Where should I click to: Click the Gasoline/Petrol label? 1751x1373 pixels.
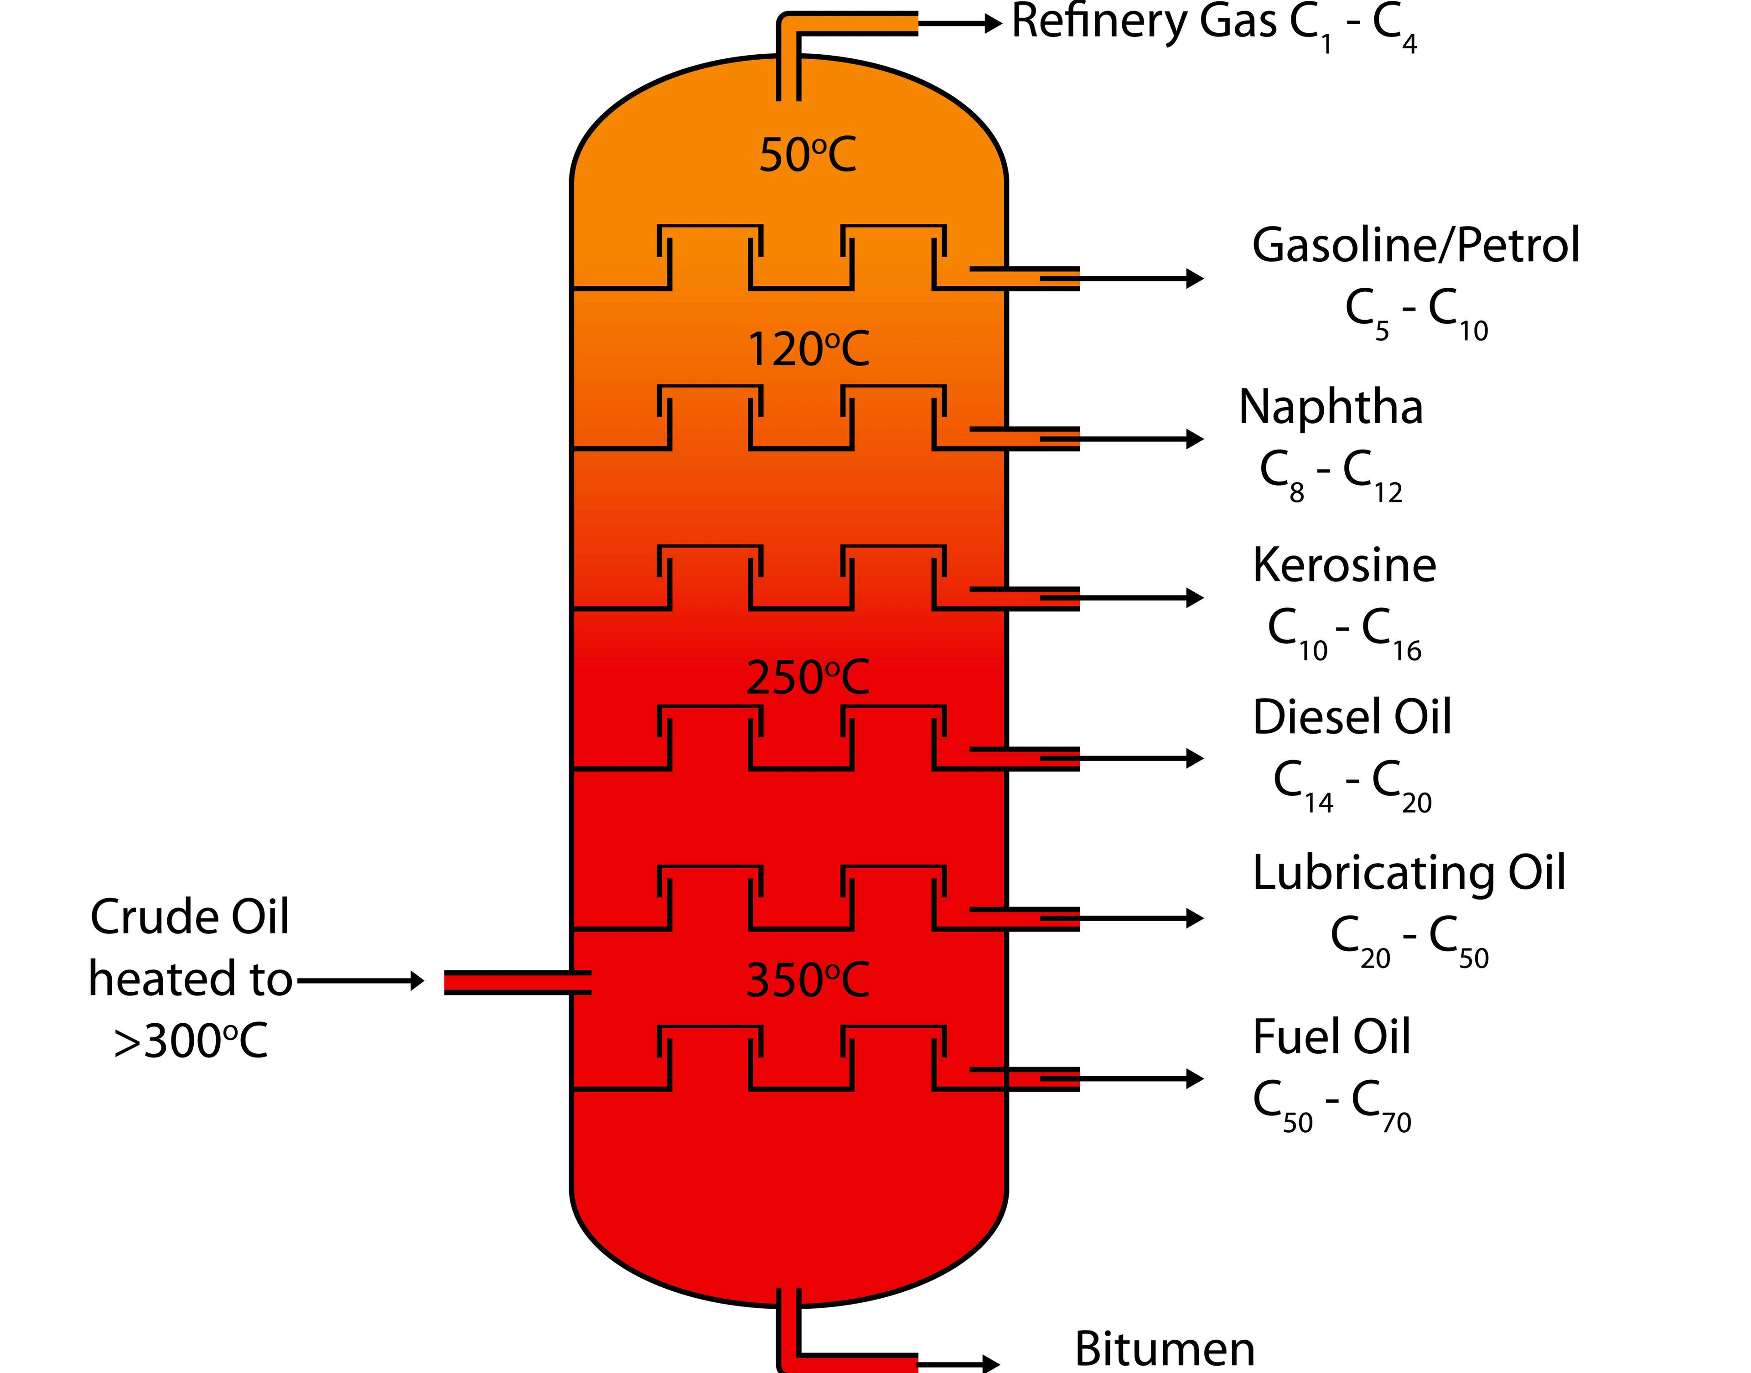[1415, 245]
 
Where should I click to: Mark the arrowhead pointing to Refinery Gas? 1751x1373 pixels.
[993, 24]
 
